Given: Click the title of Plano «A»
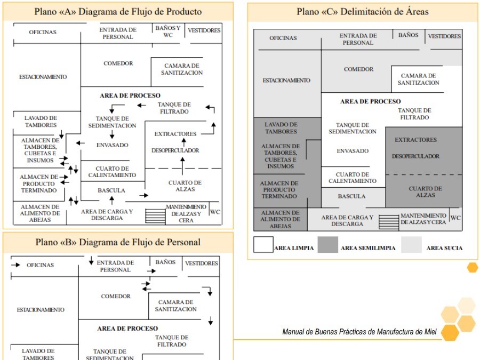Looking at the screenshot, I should click(x=118, y=11).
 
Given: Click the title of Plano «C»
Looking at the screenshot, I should click(x=363, y=11).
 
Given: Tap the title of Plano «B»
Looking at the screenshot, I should click(x=118, y=242).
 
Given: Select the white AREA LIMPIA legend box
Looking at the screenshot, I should click(x=263, y=245).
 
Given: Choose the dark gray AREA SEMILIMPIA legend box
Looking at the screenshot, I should click(x=327, y=245).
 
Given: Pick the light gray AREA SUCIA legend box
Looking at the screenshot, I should click(x=411, y=245).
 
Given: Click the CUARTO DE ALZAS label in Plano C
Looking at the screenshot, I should click(x=425, y=192).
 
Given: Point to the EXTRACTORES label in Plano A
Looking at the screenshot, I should click(x=175, y=134).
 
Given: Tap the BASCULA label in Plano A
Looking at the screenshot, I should click(x=111, y=190).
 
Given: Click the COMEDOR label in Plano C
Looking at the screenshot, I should click(x=358, y=69).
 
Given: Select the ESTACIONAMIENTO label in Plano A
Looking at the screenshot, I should click(x=43, y=77).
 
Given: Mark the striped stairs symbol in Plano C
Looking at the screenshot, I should click(x=389, y=221).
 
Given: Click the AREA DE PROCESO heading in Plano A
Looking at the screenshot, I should click(x=130, y=95).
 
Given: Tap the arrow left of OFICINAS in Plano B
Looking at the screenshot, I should click(x=16, y=265).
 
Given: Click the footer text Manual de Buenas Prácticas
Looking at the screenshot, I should click(x=359, y=332).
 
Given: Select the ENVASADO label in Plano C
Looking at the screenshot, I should click(x=353, y=151).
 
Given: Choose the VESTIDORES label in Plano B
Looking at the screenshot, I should click(x=201, y=263).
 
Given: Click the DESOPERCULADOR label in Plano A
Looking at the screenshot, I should click(x=175, y=150).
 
